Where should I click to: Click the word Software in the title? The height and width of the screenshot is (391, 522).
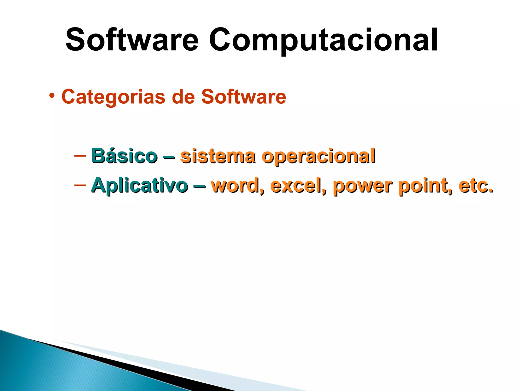(x=132, y=40)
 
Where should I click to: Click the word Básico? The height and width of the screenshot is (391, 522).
(x=124, y=156)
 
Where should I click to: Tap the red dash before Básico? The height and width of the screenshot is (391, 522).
(x=80, y=155)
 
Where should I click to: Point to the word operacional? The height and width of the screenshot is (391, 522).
(x=319, y=156)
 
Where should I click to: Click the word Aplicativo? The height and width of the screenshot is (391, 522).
(x=139, y=185)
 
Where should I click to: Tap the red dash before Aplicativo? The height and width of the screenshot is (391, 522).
(x=80, y=185)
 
